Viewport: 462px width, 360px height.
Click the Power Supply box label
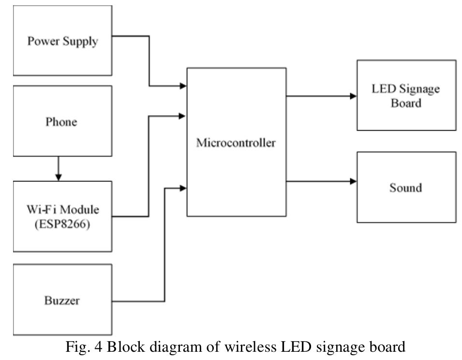pyautogui.click(x=62, y=41)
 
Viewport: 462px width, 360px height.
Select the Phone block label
pyautogui.click(x=61, y=121)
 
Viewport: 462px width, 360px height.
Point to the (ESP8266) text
pyautogui.click(x=62, y=225)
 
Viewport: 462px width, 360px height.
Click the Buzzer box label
pyautogui.click(x=62, y=300)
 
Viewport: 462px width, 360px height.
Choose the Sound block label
pyautogui.click(x=405, y=188)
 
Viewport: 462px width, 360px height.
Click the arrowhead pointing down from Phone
pyautogui.click(x=59, y=178)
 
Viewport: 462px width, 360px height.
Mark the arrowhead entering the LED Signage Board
pyautogui.click(x=353, y=96)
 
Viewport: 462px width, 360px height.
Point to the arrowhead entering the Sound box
pyautogui.click(x=353, y=182)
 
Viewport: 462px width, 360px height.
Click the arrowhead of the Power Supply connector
pyautogui.click(x=183, y=87)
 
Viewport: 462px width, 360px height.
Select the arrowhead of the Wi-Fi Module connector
pyautogui.click(x=183, y=116)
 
